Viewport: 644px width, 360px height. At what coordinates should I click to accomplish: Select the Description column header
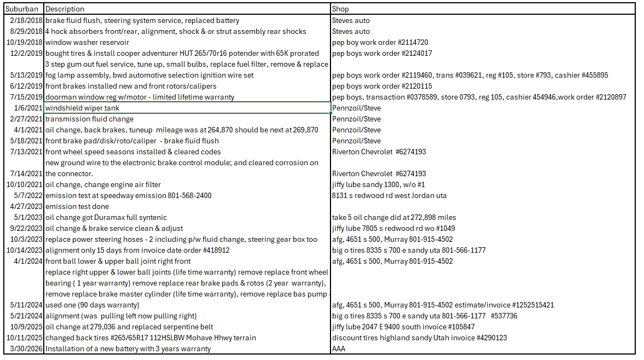[65, 9]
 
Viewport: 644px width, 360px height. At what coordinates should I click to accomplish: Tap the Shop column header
[340, 9]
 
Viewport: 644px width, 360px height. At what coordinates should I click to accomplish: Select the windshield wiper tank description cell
[75, 108]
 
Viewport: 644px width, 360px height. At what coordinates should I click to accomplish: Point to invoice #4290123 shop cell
[419, 338]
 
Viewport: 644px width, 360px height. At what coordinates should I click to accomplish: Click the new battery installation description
[128, 349]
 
